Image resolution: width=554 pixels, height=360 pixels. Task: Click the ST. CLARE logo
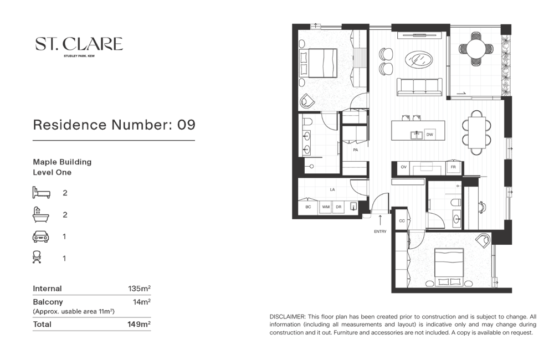pos(79,47)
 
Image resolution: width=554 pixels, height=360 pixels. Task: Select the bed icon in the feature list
pos(42,193)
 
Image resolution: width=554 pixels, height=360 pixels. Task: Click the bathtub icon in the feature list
pos(40,214)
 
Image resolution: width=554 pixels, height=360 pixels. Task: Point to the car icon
pos(40,236)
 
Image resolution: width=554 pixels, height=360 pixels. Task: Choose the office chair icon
pos(37,257)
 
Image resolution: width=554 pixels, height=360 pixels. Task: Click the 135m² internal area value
pos(139,289)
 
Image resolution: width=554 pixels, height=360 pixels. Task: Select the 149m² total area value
pos(139,324)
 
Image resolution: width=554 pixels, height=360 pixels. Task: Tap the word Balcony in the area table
pos(48,302)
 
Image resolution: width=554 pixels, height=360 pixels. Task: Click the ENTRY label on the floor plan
pos(380,232)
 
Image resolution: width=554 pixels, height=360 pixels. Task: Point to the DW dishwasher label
pos(430,135)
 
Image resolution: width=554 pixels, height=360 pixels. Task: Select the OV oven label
pos(403,167)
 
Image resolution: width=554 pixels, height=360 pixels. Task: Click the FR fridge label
pos(453,167)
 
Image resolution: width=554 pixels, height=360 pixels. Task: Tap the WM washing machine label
pos(326,207)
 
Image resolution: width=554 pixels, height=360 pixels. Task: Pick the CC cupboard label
pos(402,221)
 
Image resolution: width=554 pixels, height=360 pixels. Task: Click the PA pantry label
pos(356,150)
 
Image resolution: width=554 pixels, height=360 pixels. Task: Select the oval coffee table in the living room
pos(419,60)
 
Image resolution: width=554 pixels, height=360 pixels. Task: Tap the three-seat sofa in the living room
pos(419,87)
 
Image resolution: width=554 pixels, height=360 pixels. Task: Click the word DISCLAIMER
pos(287,317)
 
